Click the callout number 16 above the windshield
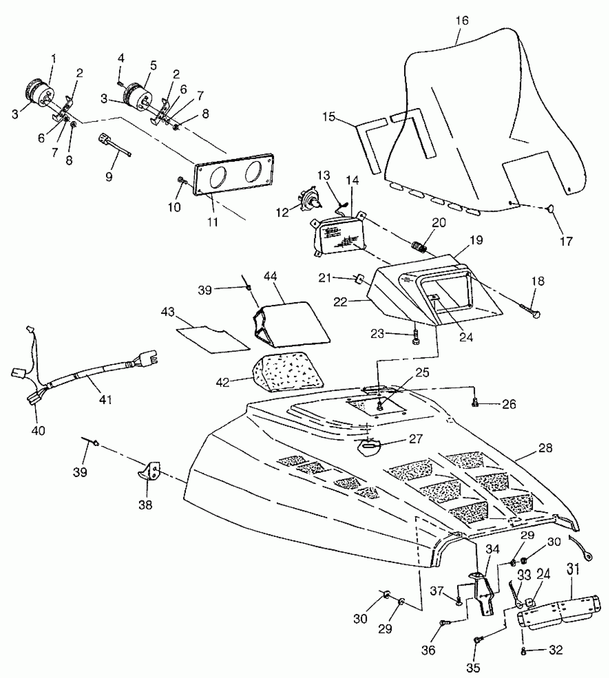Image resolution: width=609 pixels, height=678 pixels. tap(462, 21)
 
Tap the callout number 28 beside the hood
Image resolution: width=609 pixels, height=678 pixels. tap(545, 448)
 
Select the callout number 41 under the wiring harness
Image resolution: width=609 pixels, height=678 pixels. tap(105, 399)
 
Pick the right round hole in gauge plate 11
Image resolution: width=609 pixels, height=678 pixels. tap(255, 170)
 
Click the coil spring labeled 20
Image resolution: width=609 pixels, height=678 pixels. tap(419, 247)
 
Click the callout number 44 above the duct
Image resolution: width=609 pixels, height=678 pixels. tap(271, 276)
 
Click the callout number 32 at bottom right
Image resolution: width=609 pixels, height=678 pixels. tap(556, 649)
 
